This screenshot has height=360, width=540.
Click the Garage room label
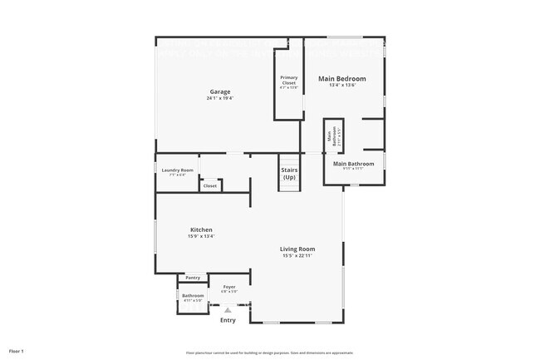[x=219, y=91]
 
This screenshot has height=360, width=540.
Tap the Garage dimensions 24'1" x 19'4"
[x=219, y=98]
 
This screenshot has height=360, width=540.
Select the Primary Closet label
[x=288, y=80]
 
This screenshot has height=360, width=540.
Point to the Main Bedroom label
[x=341, y=79]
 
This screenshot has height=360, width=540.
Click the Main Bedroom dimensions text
[x=341, y=86]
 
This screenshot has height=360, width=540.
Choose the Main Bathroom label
[x=353, y=164]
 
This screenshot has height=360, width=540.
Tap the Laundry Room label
[x=176, y=170]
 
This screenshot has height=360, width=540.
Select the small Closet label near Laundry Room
[x=210, y=185]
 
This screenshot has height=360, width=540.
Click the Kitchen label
[x=201, y=229]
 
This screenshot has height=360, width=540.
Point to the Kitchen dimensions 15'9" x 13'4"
[x=201, y=236]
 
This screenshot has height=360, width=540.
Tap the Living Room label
[x=298, y=249]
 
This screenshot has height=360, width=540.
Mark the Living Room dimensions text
[x=298, y=255]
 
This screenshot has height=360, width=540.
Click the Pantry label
[x=193, y=278]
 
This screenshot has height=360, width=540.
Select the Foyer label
[x=228, y=287]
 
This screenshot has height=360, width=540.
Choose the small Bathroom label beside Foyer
[x=193, y=295]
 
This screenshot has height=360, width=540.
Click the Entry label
[x=228, y=320]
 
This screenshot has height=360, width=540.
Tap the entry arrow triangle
[x=228, y=308]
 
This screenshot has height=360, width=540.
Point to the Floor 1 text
[x=17, y=351]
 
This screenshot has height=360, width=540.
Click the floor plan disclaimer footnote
[x=270, y=352]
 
